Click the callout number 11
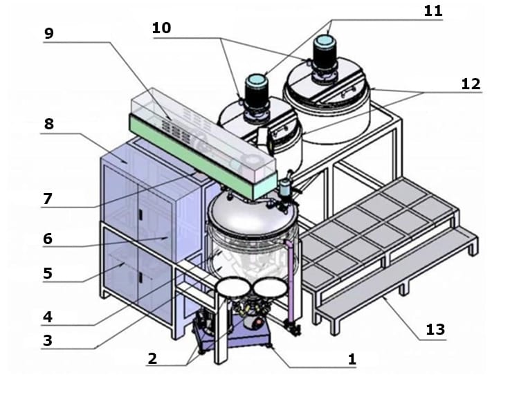(433, 11)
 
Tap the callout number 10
(161, 28)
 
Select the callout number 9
(48, 33)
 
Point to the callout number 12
(471, 84)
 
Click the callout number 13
(435, 329)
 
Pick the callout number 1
(352, 359)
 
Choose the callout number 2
(152, 359)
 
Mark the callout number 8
(49, 124)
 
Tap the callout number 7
(48, 198)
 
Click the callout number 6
(48, 239)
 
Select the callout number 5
(48, 273)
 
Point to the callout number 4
(48, 317)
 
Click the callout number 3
(48, 340)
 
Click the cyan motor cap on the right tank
(325, 41)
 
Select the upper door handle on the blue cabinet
(140, 214)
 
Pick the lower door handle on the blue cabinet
(140, 278)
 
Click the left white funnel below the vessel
(232, 286)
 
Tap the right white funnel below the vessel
(270, 288)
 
